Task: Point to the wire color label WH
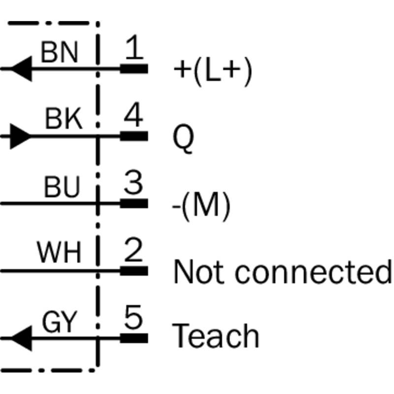59,253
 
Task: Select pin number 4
133,117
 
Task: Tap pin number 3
133,184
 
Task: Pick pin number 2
133,251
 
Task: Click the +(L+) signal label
212,71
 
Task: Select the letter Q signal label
182,138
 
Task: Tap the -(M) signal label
201,206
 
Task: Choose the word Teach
215,336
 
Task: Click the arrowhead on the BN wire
20,68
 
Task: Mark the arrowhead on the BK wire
20,135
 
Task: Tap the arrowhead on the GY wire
20,338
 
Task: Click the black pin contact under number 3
134,202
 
